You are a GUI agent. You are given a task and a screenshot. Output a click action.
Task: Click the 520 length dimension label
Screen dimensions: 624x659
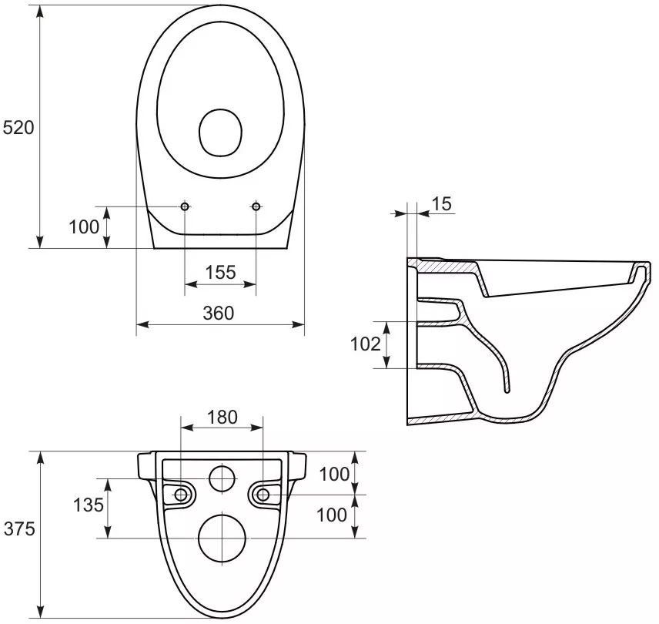[x=19, y=128]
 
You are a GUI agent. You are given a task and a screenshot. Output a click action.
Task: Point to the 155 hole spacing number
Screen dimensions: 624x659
[x=220, y=272]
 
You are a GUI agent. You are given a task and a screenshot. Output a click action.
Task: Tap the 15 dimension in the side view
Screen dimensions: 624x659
[x=441, y=204]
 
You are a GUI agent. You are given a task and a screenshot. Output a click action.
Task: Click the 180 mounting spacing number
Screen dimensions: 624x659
[x=223, y=417]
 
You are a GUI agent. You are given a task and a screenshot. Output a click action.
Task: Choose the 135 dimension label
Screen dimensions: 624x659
[x=87, y=506]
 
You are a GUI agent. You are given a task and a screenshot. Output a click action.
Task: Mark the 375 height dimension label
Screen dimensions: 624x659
[x=19, y=529]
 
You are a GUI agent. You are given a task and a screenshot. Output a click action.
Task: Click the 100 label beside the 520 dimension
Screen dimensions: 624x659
[x=84, y=226]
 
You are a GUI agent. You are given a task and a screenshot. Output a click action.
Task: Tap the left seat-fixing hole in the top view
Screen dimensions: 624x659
[x=186, y=206]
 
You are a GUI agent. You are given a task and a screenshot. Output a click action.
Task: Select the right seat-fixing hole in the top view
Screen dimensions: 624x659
[x=256, y=206]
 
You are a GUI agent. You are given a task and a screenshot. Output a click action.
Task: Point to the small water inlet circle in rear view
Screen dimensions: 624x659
[x=222, y=479]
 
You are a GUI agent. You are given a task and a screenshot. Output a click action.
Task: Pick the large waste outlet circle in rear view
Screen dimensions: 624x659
[x=222, y=538]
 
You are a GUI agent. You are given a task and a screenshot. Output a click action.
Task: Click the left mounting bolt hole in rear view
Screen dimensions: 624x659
[x=181, y=494]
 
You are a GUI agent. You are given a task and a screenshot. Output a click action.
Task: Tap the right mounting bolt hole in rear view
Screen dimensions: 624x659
[x=263, y=494]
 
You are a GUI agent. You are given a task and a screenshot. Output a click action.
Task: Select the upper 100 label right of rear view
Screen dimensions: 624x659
[x=334, y=475]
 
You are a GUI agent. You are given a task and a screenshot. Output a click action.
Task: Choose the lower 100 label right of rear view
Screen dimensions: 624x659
[x=332, y=515]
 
